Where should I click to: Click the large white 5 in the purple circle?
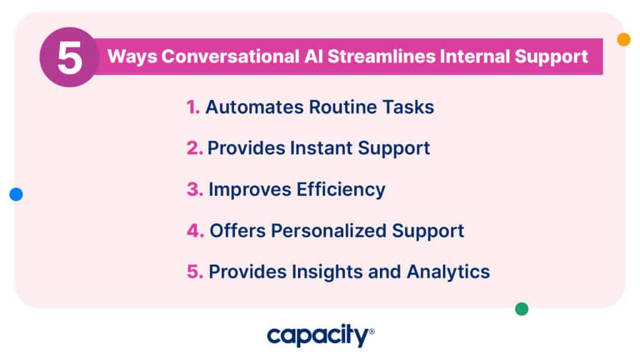(69, 58)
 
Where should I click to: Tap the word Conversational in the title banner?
(231, 56)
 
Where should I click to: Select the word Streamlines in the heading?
(382, 56)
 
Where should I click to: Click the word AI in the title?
(314, 56)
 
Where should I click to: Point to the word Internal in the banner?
(475, 56)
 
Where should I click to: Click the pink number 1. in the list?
(193, 107)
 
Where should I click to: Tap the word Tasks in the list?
(408, 107)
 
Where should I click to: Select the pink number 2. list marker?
(195, 148)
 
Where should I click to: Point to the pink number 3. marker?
(195, 189)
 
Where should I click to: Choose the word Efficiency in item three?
(341, 190)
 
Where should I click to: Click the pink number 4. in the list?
(196, 231)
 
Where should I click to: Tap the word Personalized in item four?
(329, 231)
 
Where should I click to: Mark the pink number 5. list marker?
(195, 272)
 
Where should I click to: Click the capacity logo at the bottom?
(321, 336)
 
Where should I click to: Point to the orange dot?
(624, 39)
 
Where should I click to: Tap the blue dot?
(16, 194)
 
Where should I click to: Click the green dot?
(522, 309)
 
